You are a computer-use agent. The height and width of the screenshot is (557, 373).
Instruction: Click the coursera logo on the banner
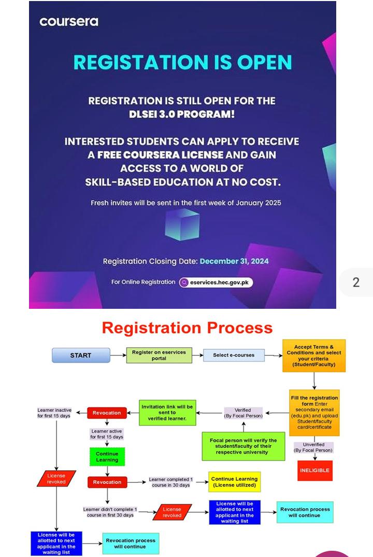pos(69,22)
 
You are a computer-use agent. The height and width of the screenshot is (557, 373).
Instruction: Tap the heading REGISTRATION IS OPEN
pos(182,62)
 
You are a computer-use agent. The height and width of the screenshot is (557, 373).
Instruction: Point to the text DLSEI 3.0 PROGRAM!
pos(182,113)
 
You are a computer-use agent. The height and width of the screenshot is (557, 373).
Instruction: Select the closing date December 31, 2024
pos(234,261)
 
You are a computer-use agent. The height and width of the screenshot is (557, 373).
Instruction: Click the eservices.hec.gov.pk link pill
pos(216,282)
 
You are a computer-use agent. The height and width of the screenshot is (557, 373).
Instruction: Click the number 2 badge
pos(356,282)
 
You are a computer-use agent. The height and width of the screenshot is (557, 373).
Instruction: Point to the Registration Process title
pos(187,328)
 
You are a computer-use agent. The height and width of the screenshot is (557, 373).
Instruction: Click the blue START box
pos(81,355)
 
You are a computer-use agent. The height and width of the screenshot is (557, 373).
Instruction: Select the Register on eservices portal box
pos(159,355)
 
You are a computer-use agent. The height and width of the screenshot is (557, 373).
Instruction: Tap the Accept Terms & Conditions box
pos(313,356)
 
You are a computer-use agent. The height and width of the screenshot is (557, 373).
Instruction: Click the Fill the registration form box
pos(314,412)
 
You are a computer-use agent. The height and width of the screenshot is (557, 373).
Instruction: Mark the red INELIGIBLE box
pos(314,470)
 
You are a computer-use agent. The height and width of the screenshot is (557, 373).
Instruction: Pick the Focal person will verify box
pos(243,446)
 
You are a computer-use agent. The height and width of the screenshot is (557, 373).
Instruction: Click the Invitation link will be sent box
pos(167,412)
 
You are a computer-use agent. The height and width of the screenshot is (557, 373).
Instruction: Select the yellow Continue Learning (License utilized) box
pos(234,482)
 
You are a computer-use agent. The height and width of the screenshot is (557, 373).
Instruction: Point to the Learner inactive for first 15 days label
pos(54,413)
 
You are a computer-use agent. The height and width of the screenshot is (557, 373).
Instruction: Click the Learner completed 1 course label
pos(169,482)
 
